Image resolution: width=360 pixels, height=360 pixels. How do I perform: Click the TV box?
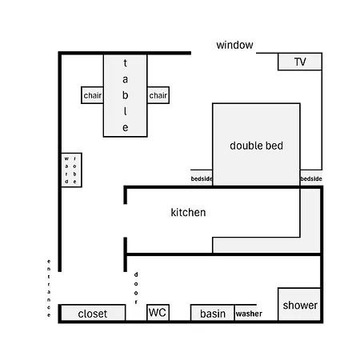pyautogui.click(x=300, y=62)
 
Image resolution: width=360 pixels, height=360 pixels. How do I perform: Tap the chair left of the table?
pyautogui.click(x=92, y=95)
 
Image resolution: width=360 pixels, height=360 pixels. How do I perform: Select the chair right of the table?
pyautogui.click(x=158, y=95)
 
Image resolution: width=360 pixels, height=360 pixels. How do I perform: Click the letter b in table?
pyautogui.click(x=125, y=95)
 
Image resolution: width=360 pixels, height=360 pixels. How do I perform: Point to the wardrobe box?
pyautogui.click(x=71, y=170)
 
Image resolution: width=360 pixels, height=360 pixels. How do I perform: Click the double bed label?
pyautogui.click(x=256, y=146)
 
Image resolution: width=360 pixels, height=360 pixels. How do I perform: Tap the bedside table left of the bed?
pyautogui.click(x=202, y=178)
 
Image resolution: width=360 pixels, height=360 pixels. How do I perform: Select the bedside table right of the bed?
pyautogui.click(x=311, y=178)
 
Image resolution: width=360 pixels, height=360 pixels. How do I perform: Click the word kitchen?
pyautogui.click(x=188, y=213)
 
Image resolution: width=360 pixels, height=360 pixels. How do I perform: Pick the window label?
pyautogui.click(x=234, y=45)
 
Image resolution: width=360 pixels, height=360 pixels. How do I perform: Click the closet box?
pyautogui.click(x=93, y=313)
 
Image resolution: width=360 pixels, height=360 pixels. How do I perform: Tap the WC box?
pyautogui.click(x=158, y=312)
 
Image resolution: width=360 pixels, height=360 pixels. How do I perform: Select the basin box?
pyautogui.click(x=213, y=313)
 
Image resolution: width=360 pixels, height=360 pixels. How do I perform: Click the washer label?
pyautogui.click(x=249, y=314)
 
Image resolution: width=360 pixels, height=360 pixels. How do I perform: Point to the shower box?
pyautogui.click(x=299, y=304)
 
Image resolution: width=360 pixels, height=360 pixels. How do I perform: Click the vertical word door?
pyautogui.click(x=136, y=288)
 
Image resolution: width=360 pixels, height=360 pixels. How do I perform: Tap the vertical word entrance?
pyautogui.click(x=49, y=288)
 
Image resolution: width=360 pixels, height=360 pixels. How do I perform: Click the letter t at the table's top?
pyautogui.click(x=125, y=63)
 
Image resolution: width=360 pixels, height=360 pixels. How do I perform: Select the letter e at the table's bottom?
pyautogui.click(x=125, y=128)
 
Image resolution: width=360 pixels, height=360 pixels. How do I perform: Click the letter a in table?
pyautogui.click(x=125, y=79)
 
